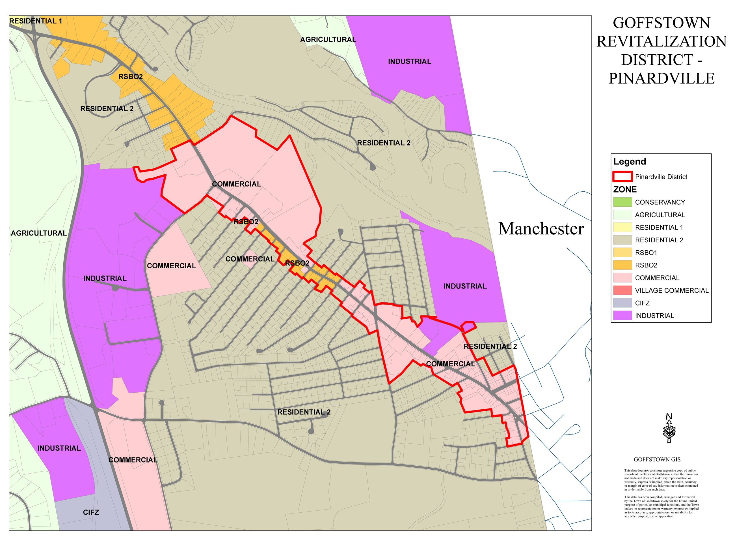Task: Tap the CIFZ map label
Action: (x=91, y=512)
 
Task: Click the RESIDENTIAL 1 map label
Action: (x=36, y=21)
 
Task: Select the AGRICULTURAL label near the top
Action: (x=328, y=40)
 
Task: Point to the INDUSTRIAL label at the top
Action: (x=409, y=61)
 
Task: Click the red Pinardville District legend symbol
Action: (x=622, y=177)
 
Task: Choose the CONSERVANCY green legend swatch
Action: (x=622, y=202)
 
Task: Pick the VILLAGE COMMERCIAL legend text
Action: (x=671, y=290)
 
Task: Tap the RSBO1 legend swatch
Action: (x=622, y=253)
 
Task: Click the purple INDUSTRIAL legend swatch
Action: (x=622, y=315)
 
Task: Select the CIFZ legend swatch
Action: (x=622, y=303)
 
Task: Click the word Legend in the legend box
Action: (x=629, y=162)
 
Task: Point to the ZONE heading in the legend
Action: (x=625, y=190)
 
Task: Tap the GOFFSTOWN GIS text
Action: (x=657, y=459)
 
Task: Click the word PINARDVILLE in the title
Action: (x=661, y=78)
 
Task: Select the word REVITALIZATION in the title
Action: (x=661, y=42)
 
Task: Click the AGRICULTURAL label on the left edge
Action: (x=39, y=233)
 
